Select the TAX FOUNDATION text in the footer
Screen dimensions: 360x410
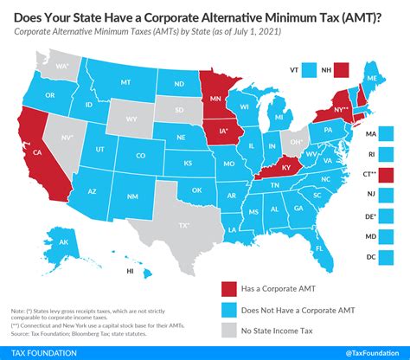click(42, 351)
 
